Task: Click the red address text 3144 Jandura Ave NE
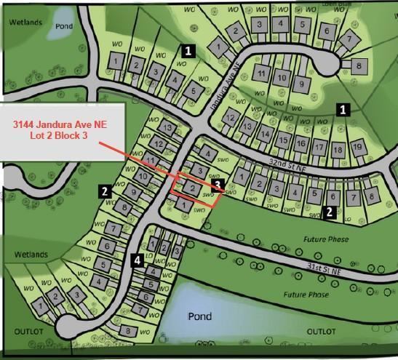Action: coord(60,125)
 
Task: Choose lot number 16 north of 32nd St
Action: coord(301,144)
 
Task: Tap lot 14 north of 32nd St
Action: coord(265,135)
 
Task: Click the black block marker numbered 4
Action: coord(138,260)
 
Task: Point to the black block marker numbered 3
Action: coord(217,185)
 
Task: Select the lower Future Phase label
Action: coord(306,295)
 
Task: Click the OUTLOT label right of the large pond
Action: coord(321,332)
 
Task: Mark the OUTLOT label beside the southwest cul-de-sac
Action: coord(29,332)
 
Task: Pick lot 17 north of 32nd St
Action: coord(319,147)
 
